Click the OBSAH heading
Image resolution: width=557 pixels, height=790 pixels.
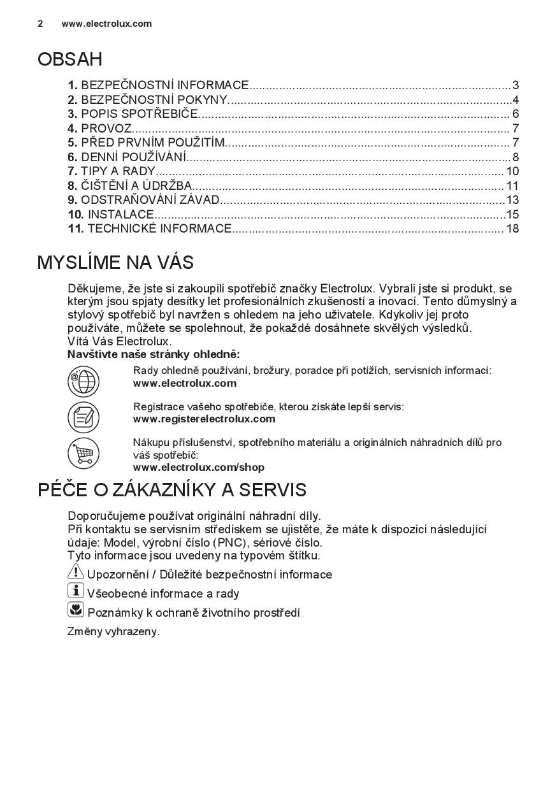coord(70,59)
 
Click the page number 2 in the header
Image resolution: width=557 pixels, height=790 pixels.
coord(40,24)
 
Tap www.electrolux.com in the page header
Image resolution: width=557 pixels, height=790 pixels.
coord(106,24)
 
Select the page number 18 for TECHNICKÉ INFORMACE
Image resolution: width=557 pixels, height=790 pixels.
coord(512,228)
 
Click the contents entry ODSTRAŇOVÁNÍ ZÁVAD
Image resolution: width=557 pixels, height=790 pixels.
coord(150,199)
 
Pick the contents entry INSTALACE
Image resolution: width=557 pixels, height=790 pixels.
coord(120,214)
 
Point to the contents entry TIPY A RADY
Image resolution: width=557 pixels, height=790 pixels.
coord(118,171)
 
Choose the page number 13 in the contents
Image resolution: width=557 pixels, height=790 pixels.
coord(512,199)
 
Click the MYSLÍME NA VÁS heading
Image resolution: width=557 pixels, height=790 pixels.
coord(115,262)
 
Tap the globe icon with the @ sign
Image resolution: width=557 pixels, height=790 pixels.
coord(83,382)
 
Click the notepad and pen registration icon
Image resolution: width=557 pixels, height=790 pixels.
coord(83,417)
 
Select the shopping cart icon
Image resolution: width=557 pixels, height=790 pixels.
coord(83,454)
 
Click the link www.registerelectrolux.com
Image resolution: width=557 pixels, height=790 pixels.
coord(204,419)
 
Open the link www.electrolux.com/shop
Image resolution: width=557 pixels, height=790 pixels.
coord(198,467)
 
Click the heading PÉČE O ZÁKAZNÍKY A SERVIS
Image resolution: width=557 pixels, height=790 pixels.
coord(172,489)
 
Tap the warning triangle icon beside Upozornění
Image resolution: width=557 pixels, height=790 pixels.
coord(76,573)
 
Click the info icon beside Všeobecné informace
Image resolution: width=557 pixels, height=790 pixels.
coord(76,591)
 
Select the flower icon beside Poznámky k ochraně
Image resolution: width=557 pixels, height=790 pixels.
coord(76,610)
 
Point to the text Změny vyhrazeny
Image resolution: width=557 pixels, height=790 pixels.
coord(113,631)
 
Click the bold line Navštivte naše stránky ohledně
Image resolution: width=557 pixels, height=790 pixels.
coord(154,354)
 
